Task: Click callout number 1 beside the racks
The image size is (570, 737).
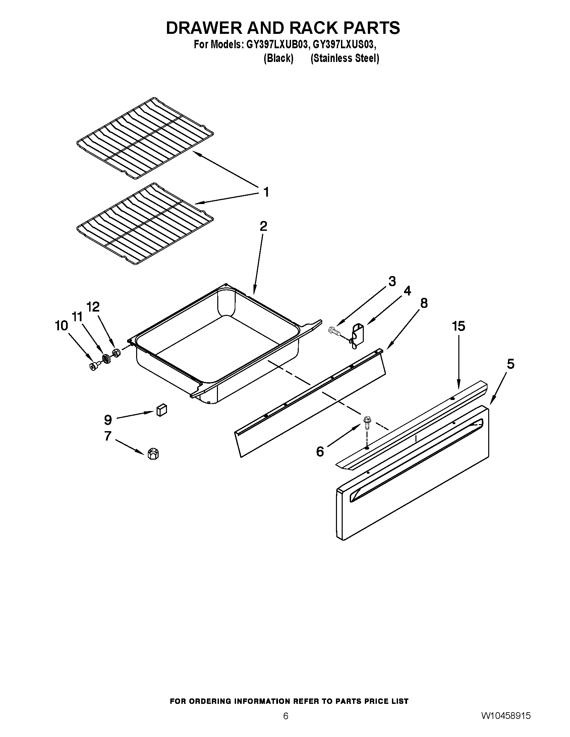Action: [x=266, y=192]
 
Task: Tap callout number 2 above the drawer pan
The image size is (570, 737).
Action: [x=264, y=226]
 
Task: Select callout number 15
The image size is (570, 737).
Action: [x=459, y=326]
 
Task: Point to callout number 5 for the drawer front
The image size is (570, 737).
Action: [x=510, y=364]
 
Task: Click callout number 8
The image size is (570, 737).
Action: [x=423, y=304]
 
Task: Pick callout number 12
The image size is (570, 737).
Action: [x=93, y=307]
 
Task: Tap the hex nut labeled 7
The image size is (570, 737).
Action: [x=153, y=454]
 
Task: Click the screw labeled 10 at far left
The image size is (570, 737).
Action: [x=93, y=366]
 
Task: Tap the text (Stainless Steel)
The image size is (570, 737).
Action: [x=344, y=58]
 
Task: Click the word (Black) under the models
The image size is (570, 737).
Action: [x=278, y=58]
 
